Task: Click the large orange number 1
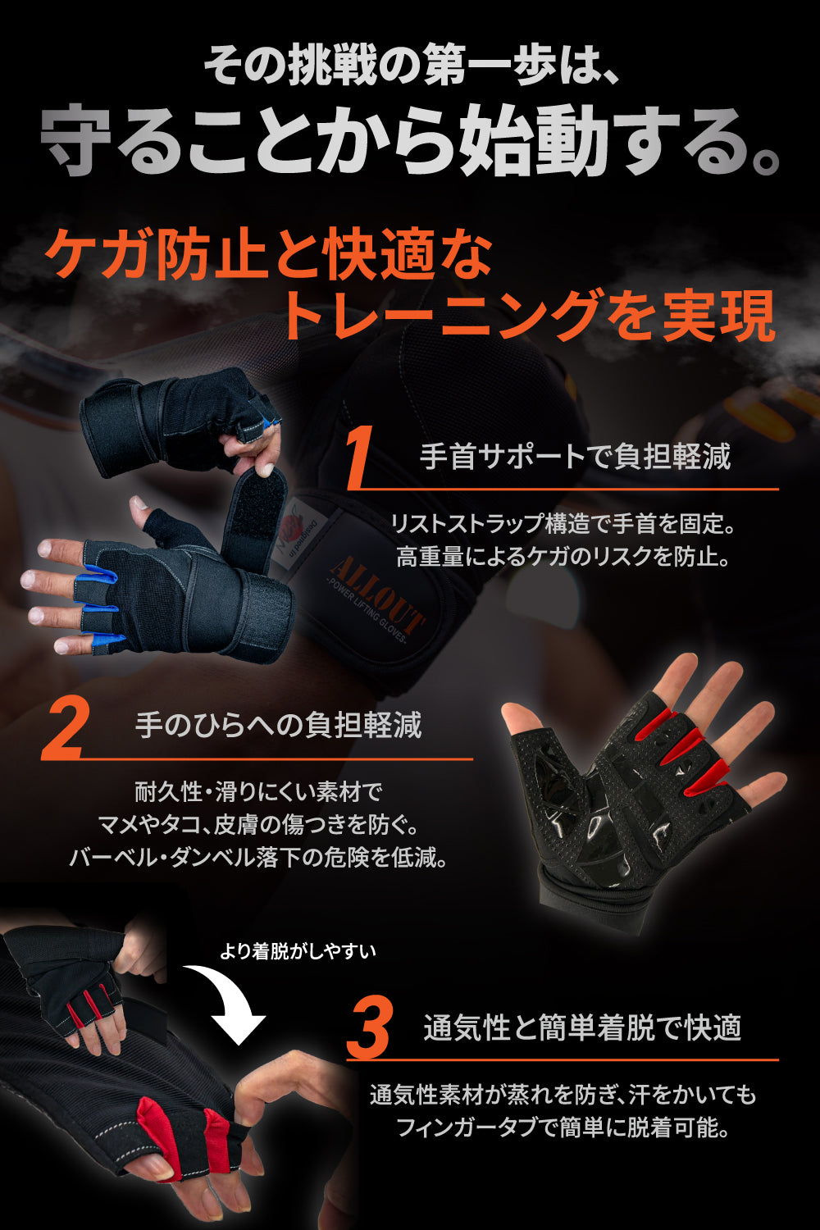tap(360, 457)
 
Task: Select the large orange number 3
tap(370, 1027)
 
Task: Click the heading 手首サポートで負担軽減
tap(575, 456)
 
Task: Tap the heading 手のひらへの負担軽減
tap(278, 725)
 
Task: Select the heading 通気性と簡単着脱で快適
tap(582, 1027)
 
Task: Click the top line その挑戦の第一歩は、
tap(410, 65)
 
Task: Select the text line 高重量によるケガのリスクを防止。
tap(563, 557)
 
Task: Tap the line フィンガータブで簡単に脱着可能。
tap(563, 1127)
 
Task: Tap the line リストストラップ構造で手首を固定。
tap(563, 523)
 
